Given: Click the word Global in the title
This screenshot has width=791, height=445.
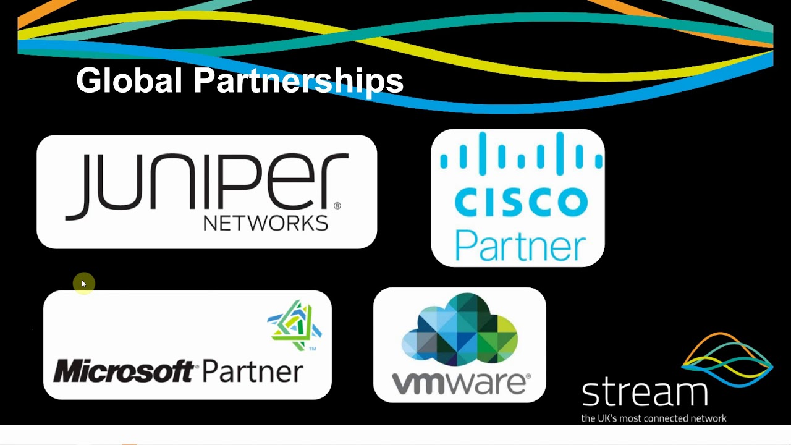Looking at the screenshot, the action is [129, 81].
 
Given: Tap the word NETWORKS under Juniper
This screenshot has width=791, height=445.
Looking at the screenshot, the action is [265, 223].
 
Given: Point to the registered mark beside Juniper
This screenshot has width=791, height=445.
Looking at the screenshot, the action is [337, 206].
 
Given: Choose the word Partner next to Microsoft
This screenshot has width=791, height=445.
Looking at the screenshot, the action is [252, 371].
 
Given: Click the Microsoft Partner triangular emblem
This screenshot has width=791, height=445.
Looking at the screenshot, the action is [295, 324].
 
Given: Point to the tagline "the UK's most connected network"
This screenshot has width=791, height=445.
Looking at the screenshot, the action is [654, 418].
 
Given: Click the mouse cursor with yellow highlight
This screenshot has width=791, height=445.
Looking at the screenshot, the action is [83, 284].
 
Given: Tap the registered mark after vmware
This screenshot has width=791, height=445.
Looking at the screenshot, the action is [527, 376].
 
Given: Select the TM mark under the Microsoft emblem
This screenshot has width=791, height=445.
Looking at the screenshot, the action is [313, 349].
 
